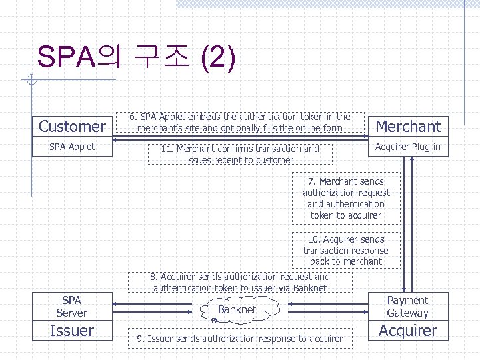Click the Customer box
[72, 126]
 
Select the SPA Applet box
[72, 147]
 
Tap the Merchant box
[408, 126]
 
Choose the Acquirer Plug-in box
[408, 147]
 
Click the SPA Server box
[72, 306]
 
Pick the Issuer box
[72, 331]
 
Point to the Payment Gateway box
[408, 306]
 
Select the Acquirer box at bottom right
[408, 331]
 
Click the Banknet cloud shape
[236, 310]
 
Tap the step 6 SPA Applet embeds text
[239, 122]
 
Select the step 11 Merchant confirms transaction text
[239, 154]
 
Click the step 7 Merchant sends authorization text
[346, 198]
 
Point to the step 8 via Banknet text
[240, 282]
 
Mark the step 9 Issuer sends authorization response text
[239, 339]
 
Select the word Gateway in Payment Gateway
[408, 313]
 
